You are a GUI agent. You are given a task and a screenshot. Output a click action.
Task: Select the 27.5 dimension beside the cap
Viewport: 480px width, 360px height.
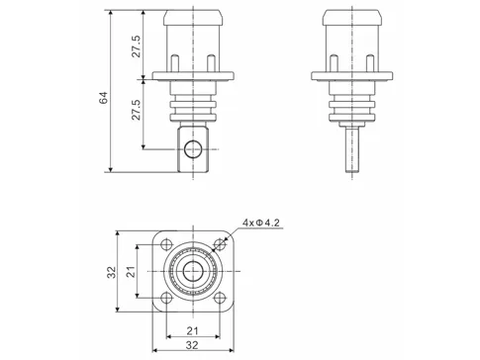[x=136, y=46]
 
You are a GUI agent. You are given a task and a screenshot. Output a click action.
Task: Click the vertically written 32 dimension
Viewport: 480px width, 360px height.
[x=111, y=271]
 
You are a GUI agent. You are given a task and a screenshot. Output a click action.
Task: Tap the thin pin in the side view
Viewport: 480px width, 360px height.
[x=347, y=147]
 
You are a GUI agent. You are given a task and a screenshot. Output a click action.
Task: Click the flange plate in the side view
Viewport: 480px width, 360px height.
[x=347, y=78]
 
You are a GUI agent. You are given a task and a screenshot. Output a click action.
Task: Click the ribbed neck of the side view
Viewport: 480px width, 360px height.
[x=347, y=101]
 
